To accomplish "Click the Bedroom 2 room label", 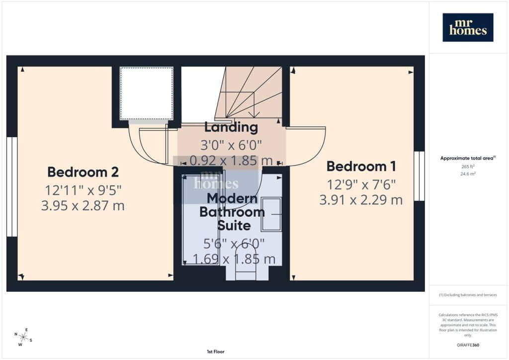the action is [83, 172].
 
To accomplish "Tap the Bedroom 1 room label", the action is [361, 166].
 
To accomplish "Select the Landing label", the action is [231, 127].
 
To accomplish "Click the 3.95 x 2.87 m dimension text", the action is [83, 206].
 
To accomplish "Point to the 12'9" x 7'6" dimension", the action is [361, 184].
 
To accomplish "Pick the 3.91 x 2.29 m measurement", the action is [361, 200].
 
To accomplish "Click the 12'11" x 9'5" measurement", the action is [83, 190].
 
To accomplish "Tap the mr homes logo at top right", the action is [468, 27].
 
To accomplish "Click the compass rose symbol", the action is [23, 337].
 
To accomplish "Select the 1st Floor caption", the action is [216, 352].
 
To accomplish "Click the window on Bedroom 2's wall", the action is [12, 186].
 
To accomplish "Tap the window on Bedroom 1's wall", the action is [419, 176].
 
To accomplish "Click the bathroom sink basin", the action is [271, 214].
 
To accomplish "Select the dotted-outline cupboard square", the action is [146, 93].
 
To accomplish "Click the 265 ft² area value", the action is [468, 167].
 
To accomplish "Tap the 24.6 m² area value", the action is [468, 174].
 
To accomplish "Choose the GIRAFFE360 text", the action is [468, 345].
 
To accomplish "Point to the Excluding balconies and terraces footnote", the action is [468, 295].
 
